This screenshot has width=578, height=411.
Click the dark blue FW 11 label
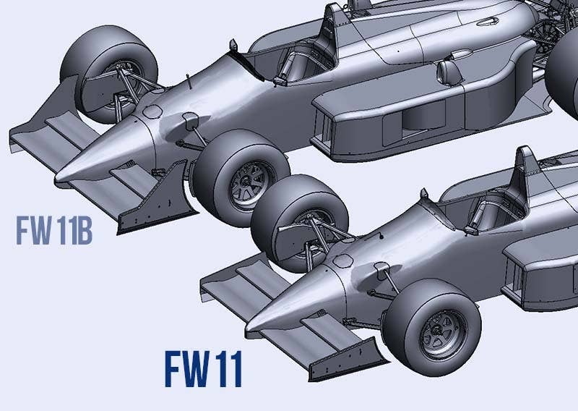point(202,369)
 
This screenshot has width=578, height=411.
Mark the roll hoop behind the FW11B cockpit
point(333,25)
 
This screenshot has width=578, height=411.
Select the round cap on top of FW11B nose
point(153,112)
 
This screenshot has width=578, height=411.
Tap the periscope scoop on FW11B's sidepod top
point(448,69)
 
